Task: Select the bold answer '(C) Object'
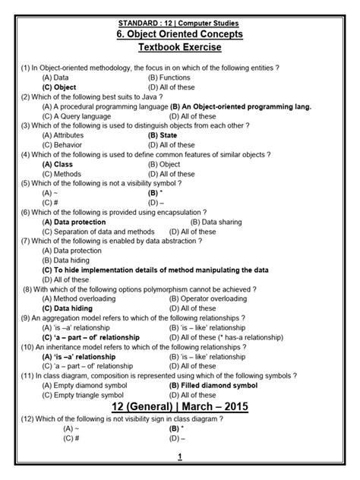coord(60,87)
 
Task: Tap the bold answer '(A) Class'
coord(58,163)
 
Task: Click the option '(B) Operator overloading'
coord(204,298)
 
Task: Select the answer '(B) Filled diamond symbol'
coord(213,385)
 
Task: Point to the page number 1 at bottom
coord(179,456)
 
